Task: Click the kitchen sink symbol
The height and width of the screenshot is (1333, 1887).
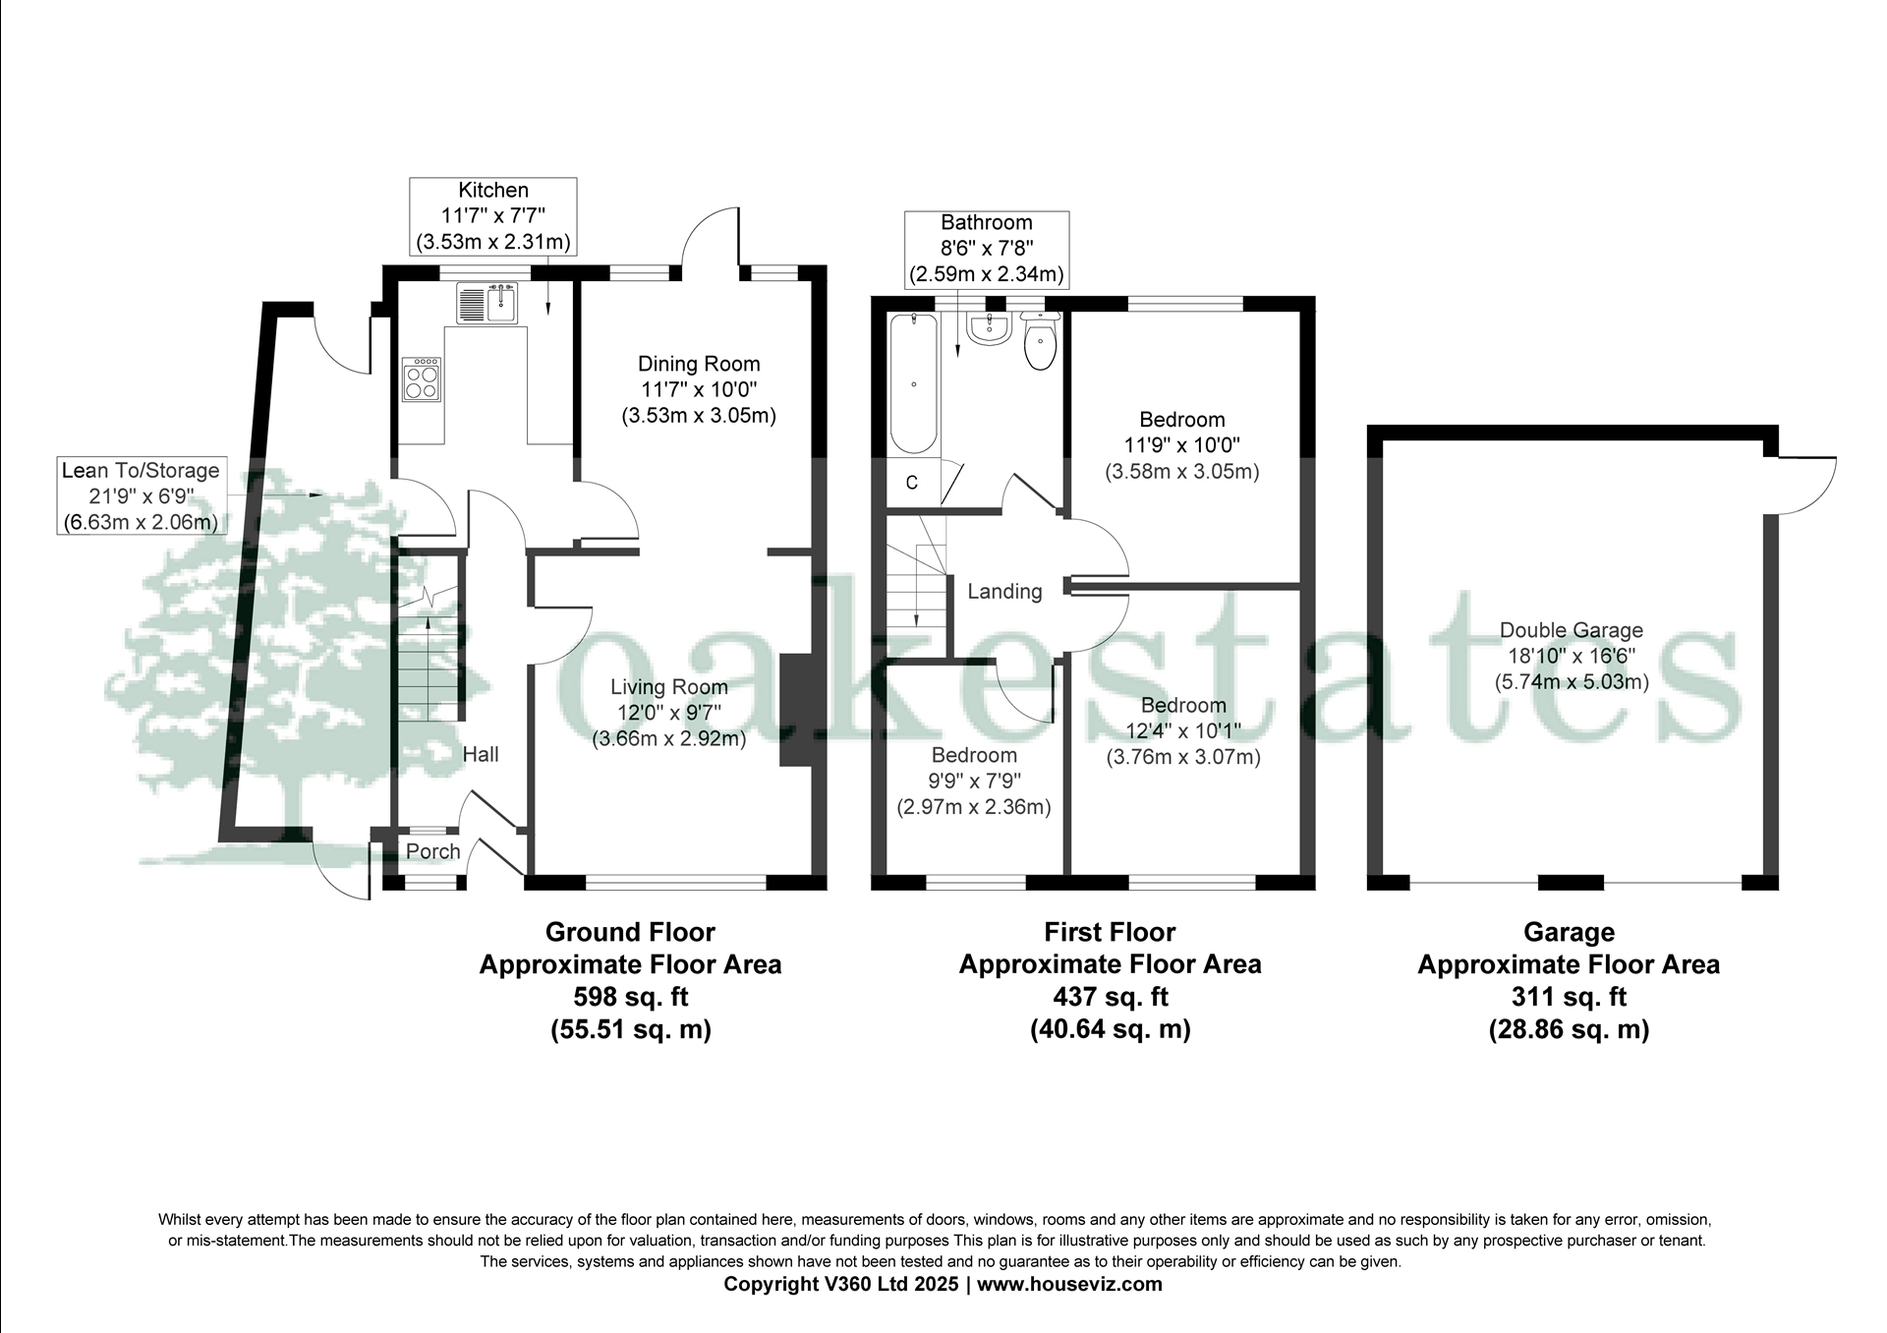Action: [x=486, y=303]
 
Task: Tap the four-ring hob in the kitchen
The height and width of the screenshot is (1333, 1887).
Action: [x=422, y=379]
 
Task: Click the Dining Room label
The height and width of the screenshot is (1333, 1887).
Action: [x=699, y=364]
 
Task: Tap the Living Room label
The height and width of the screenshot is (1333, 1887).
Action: [x=669, y=688]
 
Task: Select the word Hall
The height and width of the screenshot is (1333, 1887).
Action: [x=481, y=754]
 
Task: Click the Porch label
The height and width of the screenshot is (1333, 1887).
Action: [x=433, y=851]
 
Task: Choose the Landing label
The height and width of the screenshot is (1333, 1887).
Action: [x=1004, y=591]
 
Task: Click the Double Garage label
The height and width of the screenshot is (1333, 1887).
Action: [x=1572, y=630]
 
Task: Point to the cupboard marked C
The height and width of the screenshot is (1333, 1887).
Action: [x=911, y=483]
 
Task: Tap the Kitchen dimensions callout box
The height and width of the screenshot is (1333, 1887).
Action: [x=493, y=216]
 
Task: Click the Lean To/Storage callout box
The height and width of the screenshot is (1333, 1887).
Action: [x=142, y=495]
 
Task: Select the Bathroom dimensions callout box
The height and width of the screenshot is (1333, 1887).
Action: [x=987, y=249]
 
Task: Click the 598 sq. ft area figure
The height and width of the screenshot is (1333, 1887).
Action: [x=630, y=997]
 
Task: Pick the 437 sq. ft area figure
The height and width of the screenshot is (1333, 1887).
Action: [x=1111, y=997]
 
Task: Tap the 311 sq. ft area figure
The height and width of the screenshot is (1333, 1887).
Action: [x=1569, y=997]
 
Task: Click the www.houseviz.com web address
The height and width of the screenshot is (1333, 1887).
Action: [x=1069, y=1284]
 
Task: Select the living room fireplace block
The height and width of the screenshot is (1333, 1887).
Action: [x=796, y=709]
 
